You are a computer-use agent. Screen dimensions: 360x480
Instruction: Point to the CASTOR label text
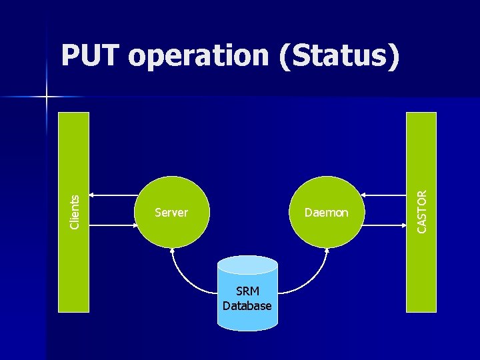422,211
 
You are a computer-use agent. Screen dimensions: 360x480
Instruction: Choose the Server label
171,213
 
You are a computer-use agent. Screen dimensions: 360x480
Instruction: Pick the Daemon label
326,213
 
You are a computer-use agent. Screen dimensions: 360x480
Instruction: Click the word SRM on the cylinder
247,292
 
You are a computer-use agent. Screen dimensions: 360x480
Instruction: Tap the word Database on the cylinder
247,306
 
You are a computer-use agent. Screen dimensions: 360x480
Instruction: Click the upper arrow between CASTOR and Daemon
383,195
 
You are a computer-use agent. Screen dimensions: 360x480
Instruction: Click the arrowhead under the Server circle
172,251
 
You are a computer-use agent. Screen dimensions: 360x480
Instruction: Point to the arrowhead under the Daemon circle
326,251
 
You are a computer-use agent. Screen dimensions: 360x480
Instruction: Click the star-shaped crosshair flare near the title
47,97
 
